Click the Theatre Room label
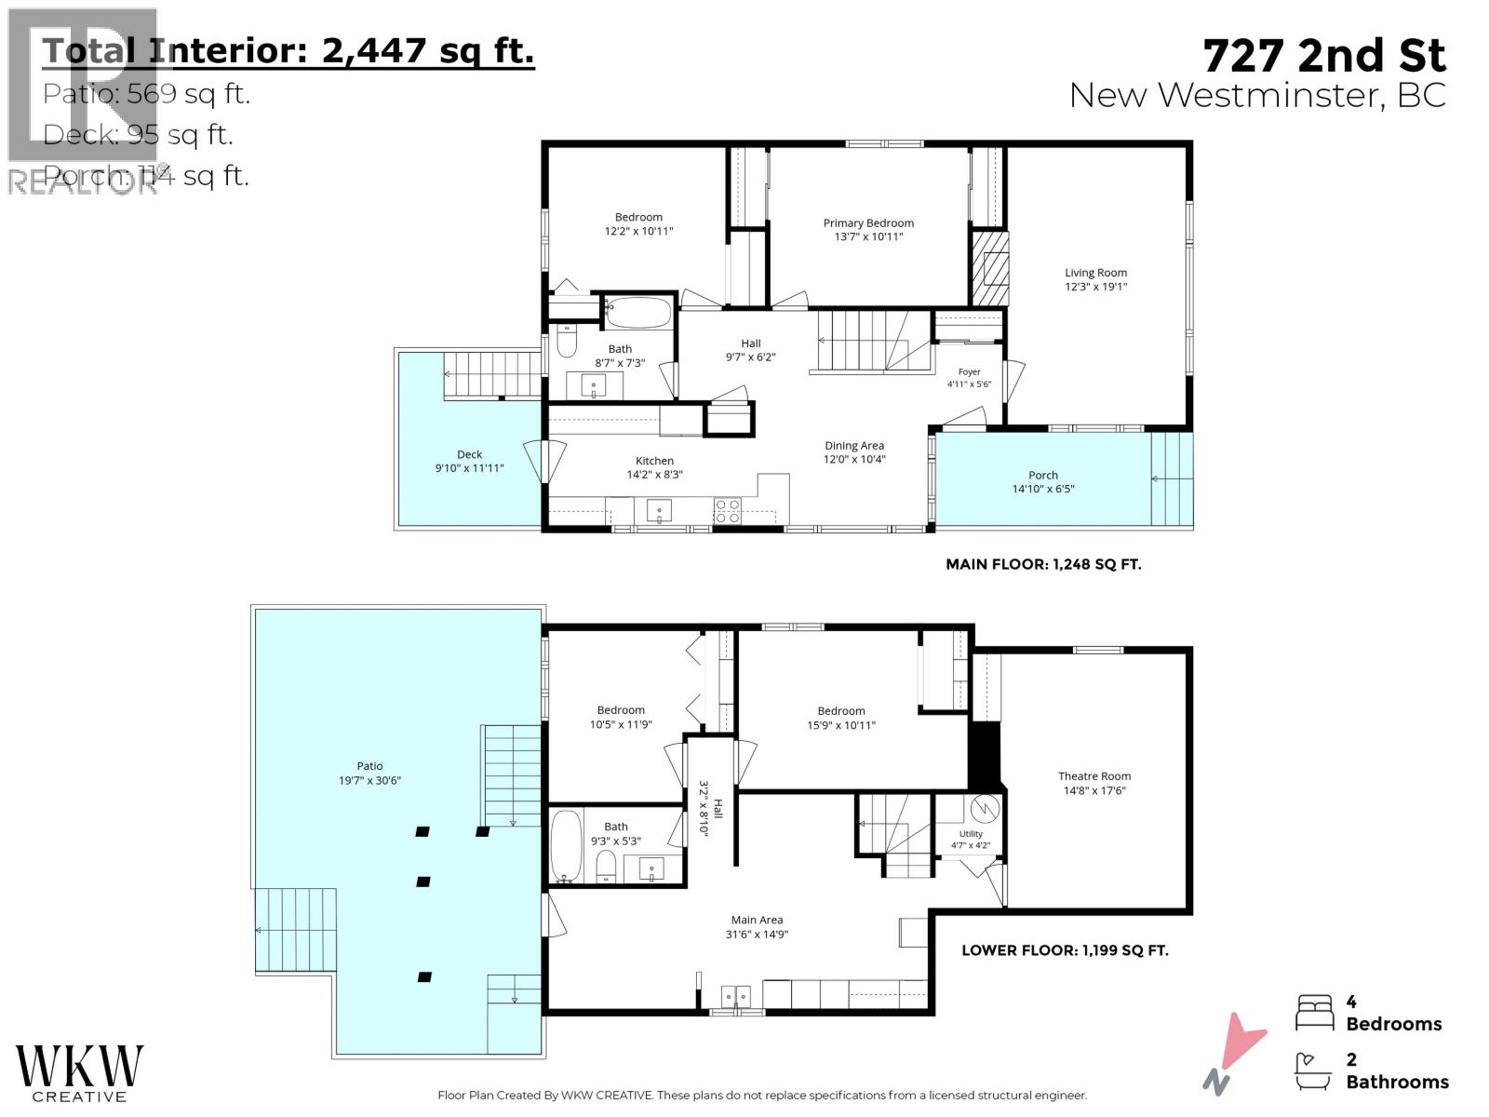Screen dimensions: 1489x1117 pos(1093,776)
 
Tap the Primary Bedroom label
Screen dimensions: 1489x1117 pos(868,223)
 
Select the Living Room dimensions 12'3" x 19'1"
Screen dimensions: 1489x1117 pos(1095,287)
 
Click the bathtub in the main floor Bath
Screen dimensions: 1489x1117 pos(637,314)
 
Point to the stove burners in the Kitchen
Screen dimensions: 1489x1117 pos(727,510)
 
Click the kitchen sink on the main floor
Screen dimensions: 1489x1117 pos(659,511)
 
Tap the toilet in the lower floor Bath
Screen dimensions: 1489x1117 pos(605,867)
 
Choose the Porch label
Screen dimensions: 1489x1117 pos(1042,476)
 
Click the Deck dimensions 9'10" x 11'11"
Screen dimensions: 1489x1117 pos(469,468)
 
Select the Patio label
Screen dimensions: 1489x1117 pos(369,766)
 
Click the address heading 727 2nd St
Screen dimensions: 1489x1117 pos(1324,56)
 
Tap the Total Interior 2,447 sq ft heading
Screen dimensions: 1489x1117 pos(288,51)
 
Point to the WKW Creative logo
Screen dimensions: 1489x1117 pos(79,1073)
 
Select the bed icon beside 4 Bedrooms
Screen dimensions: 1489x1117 pos(1315,1013)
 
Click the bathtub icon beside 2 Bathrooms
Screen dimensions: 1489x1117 pos(1315,1071)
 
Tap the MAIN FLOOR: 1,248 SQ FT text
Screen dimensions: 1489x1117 pos(1043,564)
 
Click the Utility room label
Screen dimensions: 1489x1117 pos(971,834)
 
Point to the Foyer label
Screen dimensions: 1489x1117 pos(970,371)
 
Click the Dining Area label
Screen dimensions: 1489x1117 pos(854,446)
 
